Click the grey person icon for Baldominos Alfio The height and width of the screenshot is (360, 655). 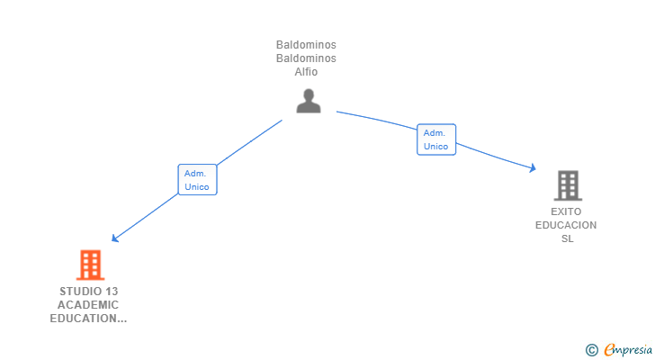[x=308, y=101]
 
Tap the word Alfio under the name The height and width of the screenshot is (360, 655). [x=307, y=73]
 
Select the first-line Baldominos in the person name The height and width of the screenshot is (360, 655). [x=307, y=45]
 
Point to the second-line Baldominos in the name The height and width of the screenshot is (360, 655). [x=307, y=59]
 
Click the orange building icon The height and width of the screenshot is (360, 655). [x=90, y=265]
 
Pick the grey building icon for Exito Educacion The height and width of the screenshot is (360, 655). [x=567, y=185]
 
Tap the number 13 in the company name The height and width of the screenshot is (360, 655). [x=111, y=292]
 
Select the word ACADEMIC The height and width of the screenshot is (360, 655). [x=88, y=305]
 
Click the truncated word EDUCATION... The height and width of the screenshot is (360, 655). [x=88, y=319]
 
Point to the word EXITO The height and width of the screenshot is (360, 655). [x=567, y=211]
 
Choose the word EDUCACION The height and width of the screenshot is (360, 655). [x=566, y=225]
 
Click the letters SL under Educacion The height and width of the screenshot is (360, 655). [x=567, y=238]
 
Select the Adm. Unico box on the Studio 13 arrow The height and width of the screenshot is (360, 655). [x=197, y=180]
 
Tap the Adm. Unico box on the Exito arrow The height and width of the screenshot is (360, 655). [x=436, y=139]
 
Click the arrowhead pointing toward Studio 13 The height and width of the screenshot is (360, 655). [x=114, y=238]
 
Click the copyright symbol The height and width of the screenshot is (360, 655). [x=591, y=349]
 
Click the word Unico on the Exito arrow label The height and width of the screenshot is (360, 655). [x=436, y=147]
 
